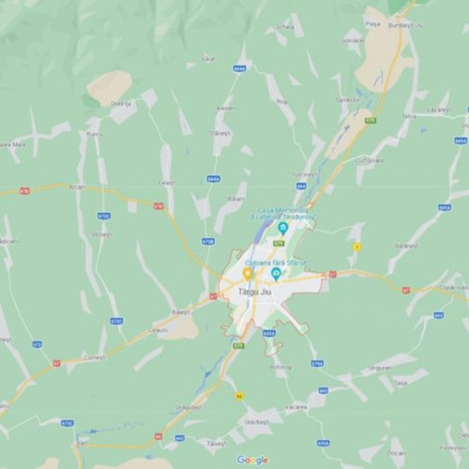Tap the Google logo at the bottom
point(252,460)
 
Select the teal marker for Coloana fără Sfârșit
point(276,274)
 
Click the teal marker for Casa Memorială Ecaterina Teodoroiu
point(282,228)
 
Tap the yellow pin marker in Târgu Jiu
point(248,274)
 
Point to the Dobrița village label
point(120,102)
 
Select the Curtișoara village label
point(370,160)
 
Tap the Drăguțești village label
point(188,407)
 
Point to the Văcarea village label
point(296,406)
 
